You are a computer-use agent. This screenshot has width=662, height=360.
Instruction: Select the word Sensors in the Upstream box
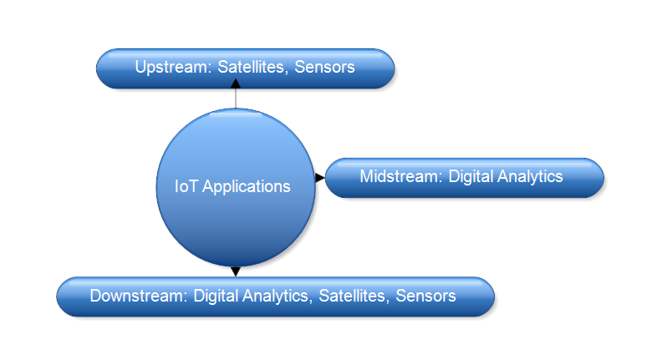point(324,67)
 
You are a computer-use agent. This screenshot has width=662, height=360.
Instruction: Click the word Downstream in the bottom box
point(139,296)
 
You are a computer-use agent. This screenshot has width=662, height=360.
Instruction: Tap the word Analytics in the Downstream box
point(277,297)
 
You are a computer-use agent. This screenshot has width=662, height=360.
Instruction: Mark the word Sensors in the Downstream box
point(425,296)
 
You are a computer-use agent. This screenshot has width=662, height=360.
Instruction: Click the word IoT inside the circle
point(186,186)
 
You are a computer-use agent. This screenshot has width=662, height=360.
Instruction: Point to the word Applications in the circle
point(246,187)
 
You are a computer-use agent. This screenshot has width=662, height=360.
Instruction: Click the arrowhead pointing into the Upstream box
point(236,84)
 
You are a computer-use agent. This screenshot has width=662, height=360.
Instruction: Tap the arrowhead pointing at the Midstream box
point(320,178)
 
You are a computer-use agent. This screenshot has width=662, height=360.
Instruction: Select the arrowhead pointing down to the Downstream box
point(236,271)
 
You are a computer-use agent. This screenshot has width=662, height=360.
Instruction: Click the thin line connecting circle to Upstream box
point(236,99)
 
